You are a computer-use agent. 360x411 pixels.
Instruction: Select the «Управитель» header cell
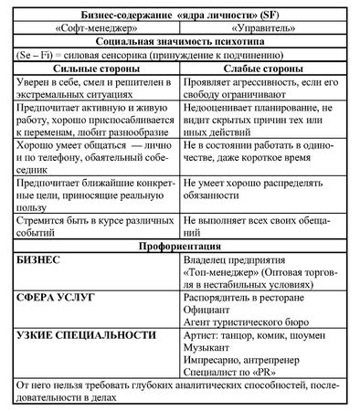click(264, 26)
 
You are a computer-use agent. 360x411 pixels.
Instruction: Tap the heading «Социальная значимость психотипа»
click(180, 41)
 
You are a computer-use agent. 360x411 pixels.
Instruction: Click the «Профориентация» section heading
click(180, 247)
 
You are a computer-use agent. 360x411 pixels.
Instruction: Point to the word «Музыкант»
click(209, 347)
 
